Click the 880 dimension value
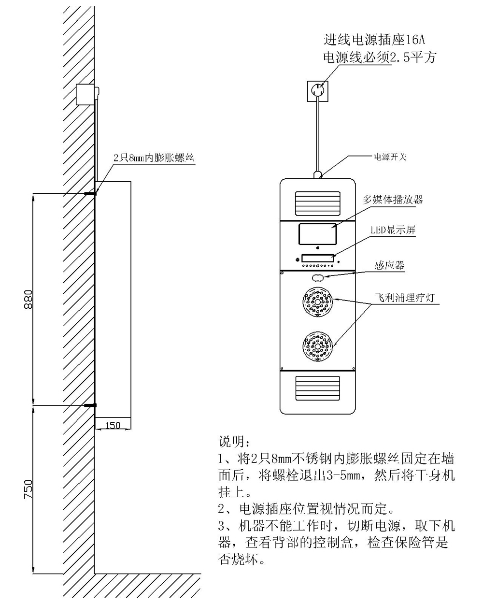pos(28,300)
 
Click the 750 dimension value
pos(28,489)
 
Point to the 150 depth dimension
pos(113,425)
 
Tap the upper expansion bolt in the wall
pos(90,194)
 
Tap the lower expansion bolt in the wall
pos(90,405)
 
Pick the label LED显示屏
pos(393,230)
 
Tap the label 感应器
pos(389,265)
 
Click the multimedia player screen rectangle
pos(317,233)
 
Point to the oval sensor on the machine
pos(318,278)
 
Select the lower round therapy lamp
pos(318,346)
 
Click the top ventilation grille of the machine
pos(318,204)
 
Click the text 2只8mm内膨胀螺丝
pos(153,158)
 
